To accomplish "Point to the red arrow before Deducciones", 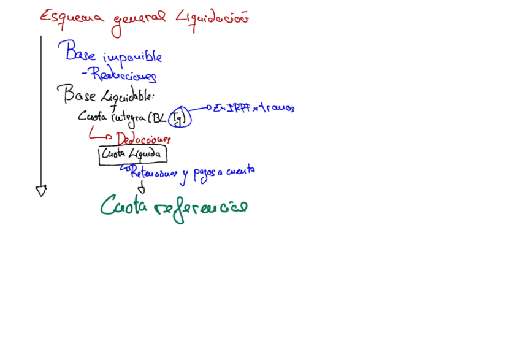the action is pos(99,134).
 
